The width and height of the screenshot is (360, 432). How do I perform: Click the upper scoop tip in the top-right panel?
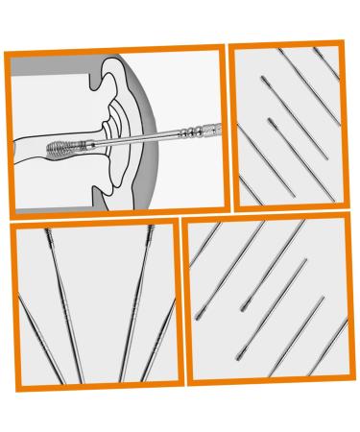263,84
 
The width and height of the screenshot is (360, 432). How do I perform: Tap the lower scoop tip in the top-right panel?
271,122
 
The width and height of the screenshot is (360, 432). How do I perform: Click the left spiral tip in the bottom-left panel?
46,234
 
